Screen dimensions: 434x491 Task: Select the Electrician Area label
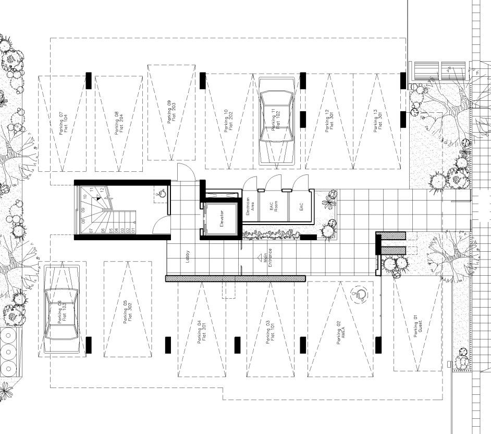pos(250,207)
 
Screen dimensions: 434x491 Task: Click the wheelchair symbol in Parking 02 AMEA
pos(359,295)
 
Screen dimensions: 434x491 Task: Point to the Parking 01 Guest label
pos(418,327)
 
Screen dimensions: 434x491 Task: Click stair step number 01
pos(133,229)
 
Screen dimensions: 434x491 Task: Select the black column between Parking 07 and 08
pos(89,80)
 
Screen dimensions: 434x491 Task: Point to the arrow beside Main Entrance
pos(259,257)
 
